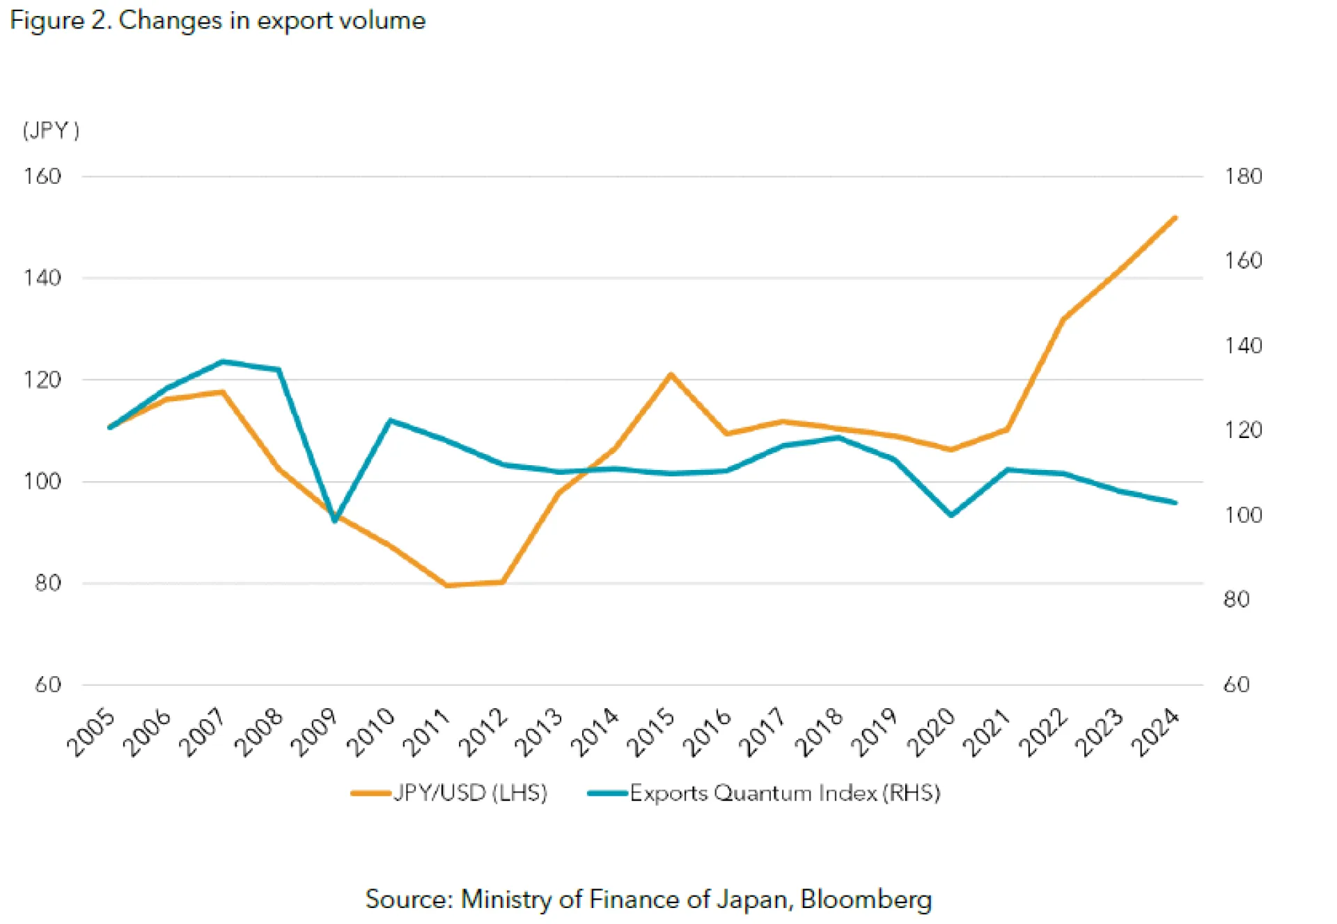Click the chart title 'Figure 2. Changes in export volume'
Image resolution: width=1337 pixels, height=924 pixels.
click(217, 20)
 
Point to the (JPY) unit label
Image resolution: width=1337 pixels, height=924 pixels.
click(51, 130)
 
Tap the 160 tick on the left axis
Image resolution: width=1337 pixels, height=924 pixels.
click(42, 176)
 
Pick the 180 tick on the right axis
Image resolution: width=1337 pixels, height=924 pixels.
click(1243, 176)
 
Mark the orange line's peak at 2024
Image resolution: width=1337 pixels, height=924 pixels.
click(1175, 218)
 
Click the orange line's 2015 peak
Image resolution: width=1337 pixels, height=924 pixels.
click(671, 375)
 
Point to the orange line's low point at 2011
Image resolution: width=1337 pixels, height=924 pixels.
click(447, 586)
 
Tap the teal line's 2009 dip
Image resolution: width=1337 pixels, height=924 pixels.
click(335, 520)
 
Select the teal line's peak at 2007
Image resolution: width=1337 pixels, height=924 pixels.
click(223, 361)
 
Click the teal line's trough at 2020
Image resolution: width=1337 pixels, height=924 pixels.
click(951, 515)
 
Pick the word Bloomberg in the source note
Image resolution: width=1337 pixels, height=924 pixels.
click(866, 899)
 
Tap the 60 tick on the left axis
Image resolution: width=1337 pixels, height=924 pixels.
click(48, 684)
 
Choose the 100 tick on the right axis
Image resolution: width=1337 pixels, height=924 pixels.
click(1243, 515)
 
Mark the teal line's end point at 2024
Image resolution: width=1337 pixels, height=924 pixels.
click(1175, 503)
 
